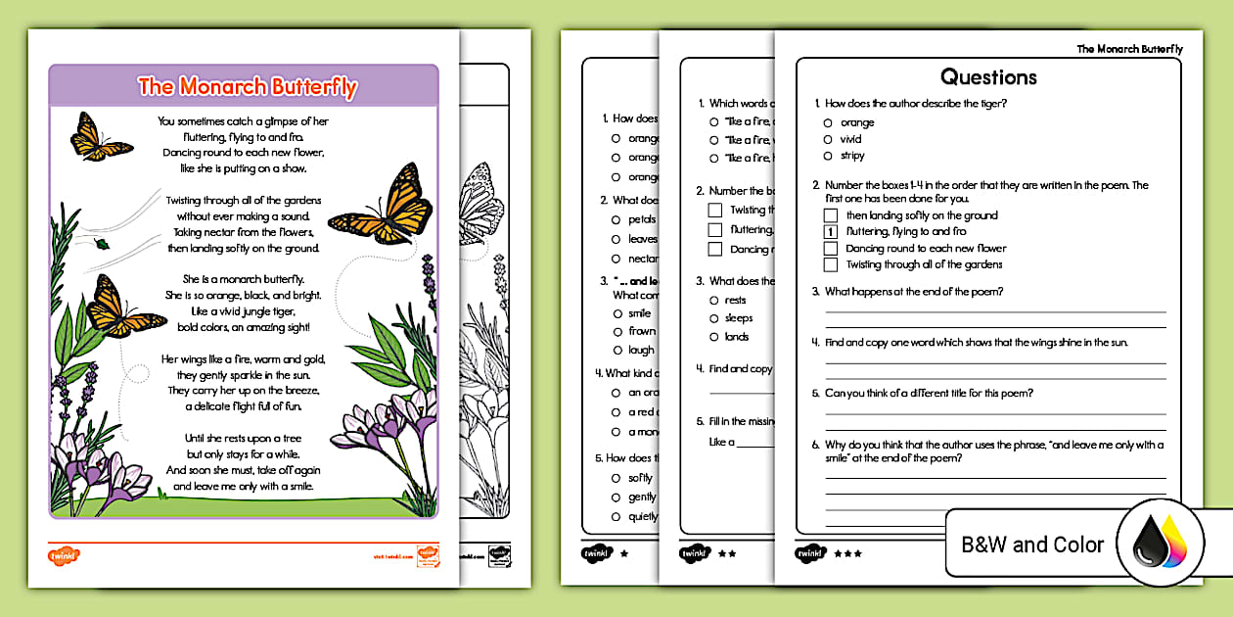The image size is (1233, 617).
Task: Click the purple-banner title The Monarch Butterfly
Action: click(x=247, y=86)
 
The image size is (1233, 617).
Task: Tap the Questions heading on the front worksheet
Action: click(x=988, y=77)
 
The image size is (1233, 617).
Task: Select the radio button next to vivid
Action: click(x=828, y=139)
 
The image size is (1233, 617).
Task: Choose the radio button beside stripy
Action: click(x=828, y=156)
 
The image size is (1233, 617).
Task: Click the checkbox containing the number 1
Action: click(x=831, y=232)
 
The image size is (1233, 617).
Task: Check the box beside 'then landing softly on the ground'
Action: click(x=831, y=215)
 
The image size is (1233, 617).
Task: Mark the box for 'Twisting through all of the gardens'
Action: click(x=831, y=264)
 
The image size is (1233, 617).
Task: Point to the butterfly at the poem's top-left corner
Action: click(x=100, y=136)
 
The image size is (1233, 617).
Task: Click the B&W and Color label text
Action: click(x=1032, y=545)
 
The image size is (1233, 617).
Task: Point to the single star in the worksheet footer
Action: click(x=624, y=553)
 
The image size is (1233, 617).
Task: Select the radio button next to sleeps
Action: click(x=714, y=318)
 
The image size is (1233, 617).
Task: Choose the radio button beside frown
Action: click(x=616, y=331)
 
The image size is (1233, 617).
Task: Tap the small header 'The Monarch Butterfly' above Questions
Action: click(x=1129, y=49)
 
